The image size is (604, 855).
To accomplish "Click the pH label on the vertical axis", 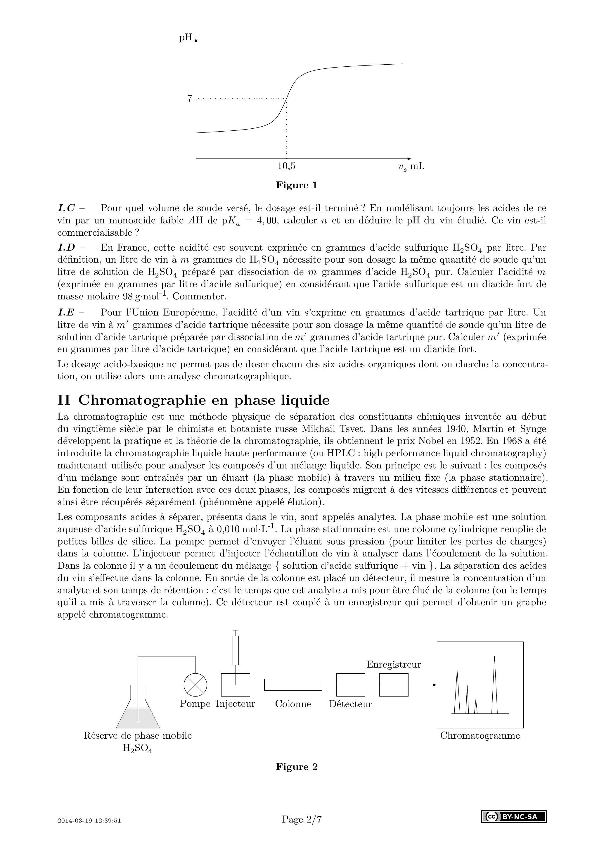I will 185,38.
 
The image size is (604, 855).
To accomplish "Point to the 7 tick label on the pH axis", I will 190,99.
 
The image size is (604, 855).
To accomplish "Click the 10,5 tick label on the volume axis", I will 286,166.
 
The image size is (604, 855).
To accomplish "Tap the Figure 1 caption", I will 297,185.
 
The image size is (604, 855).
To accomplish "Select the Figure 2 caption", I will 297,767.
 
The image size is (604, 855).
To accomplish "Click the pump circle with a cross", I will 195,685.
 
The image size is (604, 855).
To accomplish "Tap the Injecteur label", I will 235,704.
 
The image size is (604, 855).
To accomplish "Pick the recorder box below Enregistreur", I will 393,685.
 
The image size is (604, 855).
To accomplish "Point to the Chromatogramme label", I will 480,735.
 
